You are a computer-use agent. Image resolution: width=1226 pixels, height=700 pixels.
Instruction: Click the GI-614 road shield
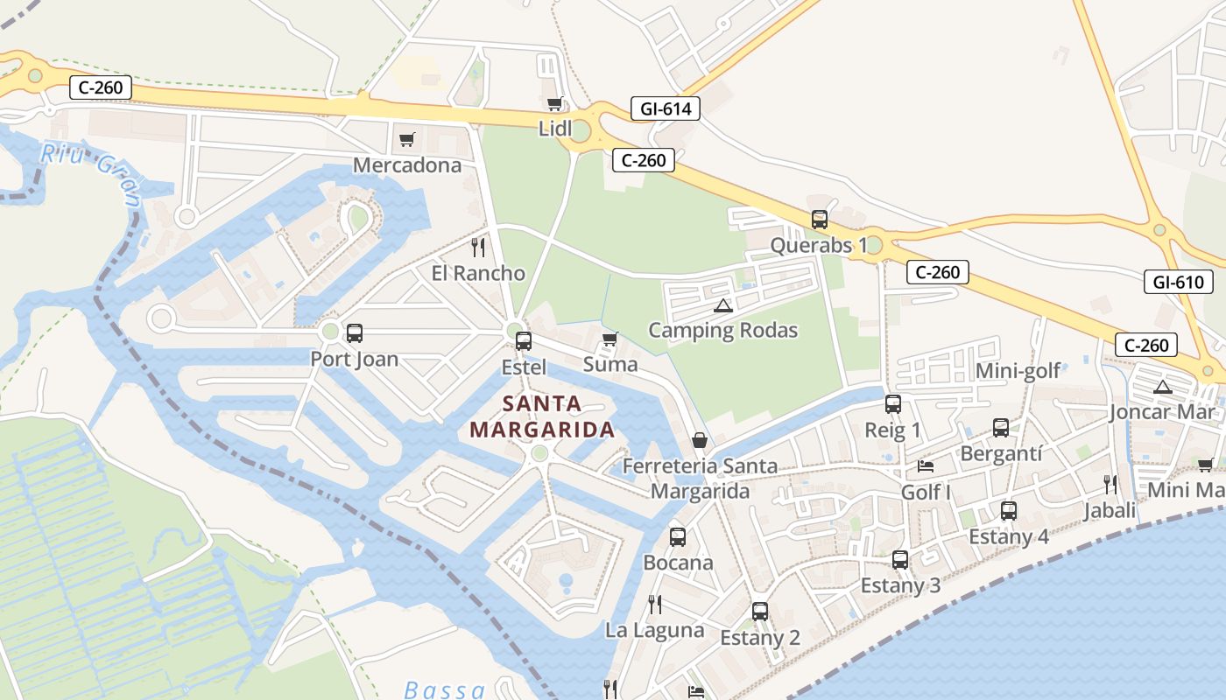pyautogui.click(x=666, y=109)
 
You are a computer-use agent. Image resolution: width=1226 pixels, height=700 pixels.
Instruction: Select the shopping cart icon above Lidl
pyautogui.click(x=554, y=105)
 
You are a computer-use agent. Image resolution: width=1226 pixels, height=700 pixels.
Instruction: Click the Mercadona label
pyautogui.click(x=407, y=165)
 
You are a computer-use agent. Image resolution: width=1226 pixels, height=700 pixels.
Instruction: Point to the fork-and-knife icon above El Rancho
pyautogui.click(x=478, y=248)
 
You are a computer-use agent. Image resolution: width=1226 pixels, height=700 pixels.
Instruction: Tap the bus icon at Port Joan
pyautogui.click(x=355, y=333)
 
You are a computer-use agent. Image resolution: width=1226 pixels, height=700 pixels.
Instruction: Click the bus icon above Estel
pyautogui.click(x=524, y=341)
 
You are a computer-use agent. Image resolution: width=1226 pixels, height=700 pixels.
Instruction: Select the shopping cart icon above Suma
pyautogui.click(x=610, y=339)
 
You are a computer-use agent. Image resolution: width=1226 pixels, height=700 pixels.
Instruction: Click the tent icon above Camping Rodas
pyautogui.click(x=722, y=305)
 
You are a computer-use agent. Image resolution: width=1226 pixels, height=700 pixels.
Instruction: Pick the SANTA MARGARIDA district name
pyautogui.click(x=542, y=416)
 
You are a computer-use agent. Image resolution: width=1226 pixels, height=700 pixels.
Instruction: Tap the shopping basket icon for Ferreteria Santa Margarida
pyautogui.click(x=700, y=440)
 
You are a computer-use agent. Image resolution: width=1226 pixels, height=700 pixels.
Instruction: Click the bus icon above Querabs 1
pyautogui.click(x=820, y=220)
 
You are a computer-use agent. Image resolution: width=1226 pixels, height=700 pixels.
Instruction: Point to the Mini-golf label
pyautogui.click(x=1018, y=371)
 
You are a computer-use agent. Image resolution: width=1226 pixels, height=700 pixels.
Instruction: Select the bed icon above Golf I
pyautogui.click(x=926, y=466)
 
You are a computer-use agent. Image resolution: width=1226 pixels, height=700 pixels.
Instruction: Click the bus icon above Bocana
pyautogui.click(x=678, y=537)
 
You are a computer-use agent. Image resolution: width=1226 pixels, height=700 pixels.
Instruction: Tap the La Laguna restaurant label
pyautogui.click(x=655, y=630)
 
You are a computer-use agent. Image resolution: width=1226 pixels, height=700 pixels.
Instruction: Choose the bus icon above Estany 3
pyautogui.click(x=900, y=560)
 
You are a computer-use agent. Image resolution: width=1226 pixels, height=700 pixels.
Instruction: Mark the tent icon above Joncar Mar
pyautogui.click(x=1163, y=387)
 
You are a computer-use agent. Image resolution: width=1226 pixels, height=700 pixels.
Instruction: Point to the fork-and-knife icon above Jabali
pyautogui.click(x=1110, y=485)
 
